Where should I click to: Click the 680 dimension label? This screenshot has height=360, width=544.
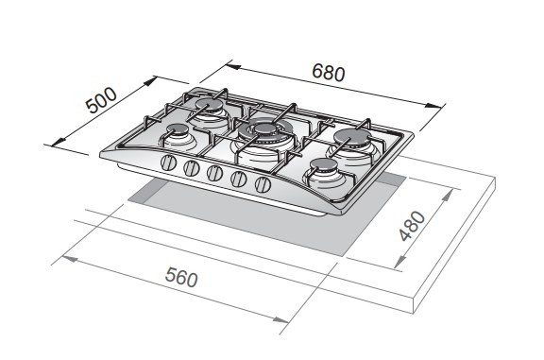click(x=329, y=72)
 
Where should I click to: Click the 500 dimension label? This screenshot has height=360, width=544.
click(x=101, y=100)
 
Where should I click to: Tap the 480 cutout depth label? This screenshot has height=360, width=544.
click(x=412, y=226)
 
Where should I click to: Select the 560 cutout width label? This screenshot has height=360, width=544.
click(x=181, y=277)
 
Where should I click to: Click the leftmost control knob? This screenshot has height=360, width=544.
click(x=169, y=163)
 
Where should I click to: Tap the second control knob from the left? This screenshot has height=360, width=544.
click(x=192, y=168)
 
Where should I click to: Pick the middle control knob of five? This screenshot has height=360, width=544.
click(x=214, y=173)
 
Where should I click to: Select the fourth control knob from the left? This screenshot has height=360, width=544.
click(x=239, y=179)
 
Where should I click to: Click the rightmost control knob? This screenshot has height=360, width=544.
click(x=263, y=184)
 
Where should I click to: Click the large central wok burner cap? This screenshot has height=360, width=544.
click(x=265, y=129)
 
